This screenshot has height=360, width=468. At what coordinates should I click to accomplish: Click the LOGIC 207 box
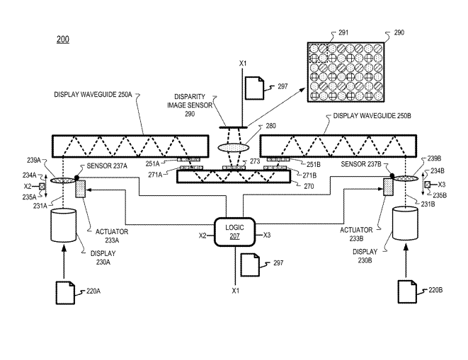234,232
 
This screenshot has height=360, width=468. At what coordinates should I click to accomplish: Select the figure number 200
63,40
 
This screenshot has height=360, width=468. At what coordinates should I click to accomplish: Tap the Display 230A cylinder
64,225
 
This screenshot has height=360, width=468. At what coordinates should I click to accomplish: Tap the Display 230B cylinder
405,223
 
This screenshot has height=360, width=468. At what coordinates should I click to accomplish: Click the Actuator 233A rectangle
80,189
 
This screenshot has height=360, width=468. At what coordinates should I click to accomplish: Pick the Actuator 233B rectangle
388,187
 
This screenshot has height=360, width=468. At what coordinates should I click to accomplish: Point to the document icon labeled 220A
65,293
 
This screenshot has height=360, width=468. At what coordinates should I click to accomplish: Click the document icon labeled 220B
407,291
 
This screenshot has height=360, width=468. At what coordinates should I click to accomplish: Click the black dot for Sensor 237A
76,178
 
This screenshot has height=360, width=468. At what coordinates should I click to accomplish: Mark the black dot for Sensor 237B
392,175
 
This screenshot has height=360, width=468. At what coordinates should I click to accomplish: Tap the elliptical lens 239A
63,180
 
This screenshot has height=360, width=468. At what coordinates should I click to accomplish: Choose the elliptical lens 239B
406,178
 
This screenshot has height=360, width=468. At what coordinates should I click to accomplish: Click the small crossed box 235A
42,187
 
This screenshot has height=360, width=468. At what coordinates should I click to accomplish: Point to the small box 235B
428,185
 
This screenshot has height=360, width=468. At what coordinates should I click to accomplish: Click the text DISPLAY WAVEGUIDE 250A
93,95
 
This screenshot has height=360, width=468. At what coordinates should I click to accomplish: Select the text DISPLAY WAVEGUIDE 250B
372,116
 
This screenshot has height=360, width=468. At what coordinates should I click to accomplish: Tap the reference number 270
309,187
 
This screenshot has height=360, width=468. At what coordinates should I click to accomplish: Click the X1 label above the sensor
244,64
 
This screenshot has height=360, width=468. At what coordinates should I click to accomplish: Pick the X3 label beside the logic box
266,236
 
